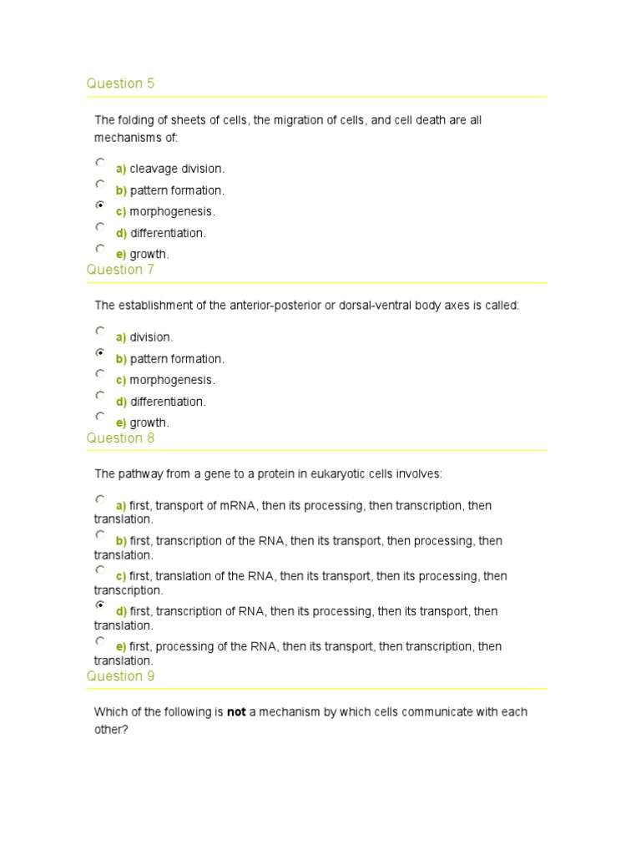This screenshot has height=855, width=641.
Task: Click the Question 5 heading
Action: [120, 83]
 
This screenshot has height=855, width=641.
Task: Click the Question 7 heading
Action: [120, 270]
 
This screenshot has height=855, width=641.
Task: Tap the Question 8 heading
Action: [120, 438]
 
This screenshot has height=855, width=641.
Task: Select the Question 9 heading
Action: [120, 676]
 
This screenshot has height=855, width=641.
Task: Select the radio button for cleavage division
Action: [100, 162]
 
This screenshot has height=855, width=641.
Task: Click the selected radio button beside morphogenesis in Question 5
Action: [100, 205]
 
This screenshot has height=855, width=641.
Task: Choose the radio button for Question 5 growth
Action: [100, 248]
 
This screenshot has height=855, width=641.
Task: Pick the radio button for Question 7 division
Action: [100, 331]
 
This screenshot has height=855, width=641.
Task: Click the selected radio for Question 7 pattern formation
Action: [100, 352]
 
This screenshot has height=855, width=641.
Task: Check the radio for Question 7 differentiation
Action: [100, 395]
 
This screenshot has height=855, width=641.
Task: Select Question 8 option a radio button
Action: [100, 499]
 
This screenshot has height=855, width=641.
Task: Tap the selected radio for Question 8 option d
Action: [100, 605]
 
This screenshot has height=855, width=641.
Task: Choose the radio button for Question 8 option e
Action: [100, 640]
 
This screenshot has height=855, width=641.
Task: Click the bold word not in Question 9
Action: [236, 713]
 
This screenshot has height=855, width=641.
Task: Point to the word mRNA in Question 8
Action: [241, 506]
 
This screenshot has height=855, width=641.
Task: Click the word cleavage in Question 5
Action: [154, 169]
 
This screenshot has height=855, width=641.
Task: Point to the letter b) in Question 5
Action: [121, 191]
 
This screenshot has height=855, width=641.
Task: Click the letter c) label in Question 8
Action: [121, 576]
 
